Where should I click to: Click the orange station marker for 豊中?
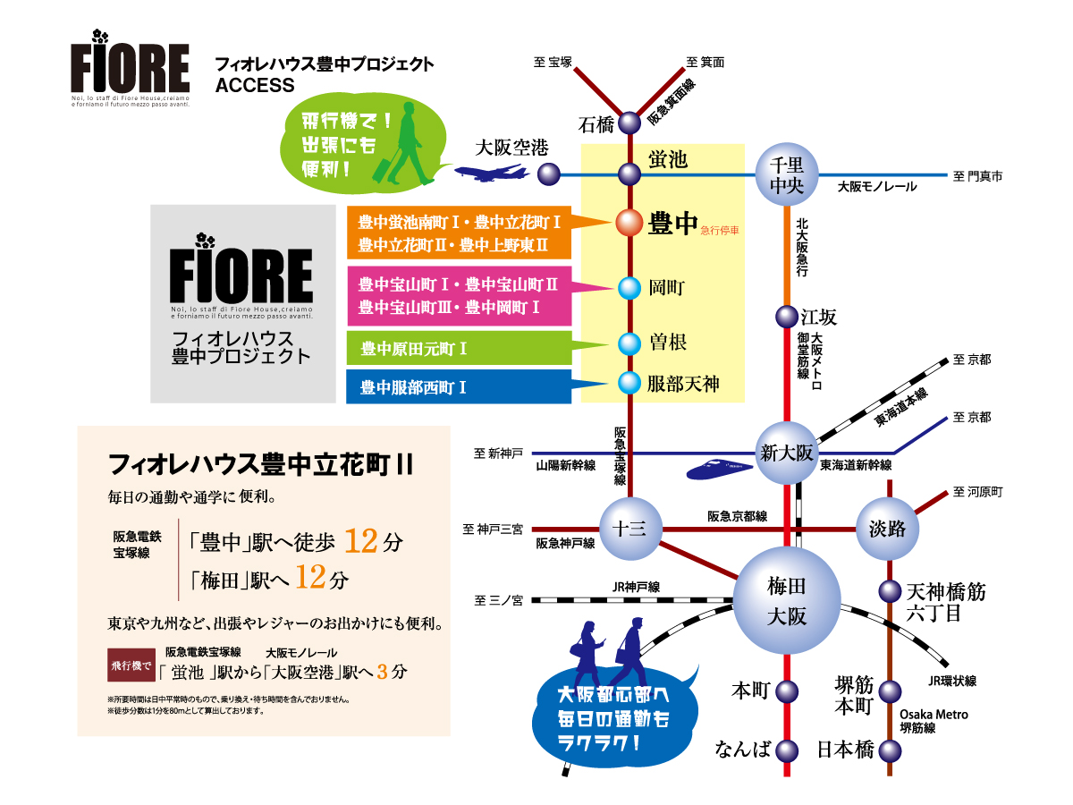coord(629,223)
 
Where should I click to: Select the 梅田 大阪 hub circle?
coord(787,600)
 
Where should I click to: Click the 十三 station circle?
coord(629,529)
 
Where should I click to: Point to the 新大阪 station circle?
coord(787,453)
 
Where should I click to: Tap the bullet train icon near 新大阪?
coord(720,468)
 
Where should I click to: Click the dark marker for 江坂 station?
coord(787,317)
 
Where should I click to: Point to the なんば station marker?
coord(787,750)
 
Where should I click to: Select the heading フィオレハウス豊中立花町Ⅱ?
coord(259,465)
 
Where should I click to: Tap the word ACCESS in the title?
coord(255,86)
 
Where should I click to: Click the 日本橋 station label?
coord(845,750)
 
